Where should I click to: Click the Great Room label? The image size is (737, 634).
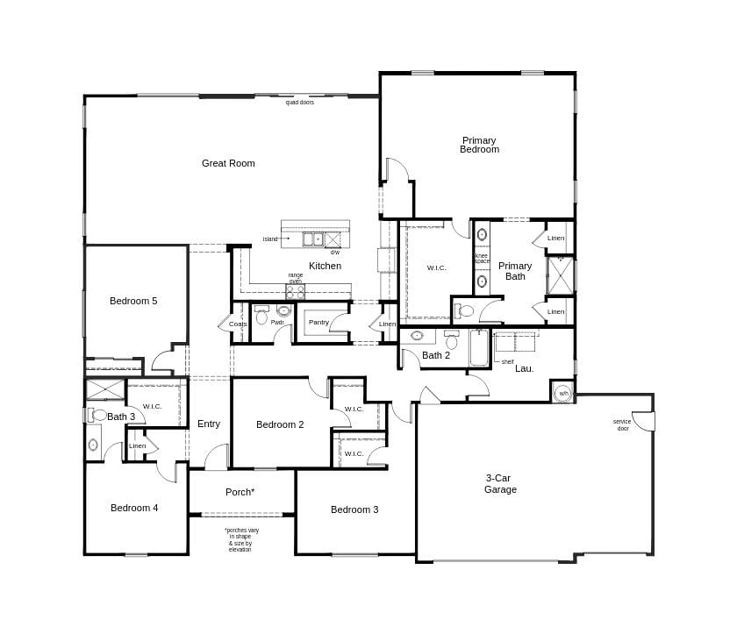228,163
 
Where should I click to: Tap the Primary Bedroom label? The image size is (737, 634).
479,145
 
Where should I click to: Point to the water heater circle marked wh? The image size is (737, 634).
562,392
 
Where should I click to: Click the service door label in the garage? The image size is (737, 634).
622,424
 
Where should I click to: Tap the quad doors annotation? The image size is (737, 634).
299,103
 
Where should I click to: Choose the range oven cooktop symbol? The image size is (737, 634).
296,291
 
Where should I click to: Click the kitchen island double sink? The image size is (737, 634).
313,239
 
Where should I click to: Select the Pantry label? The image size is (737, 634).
318,323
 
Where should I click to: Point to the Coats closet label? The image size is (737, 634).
238,324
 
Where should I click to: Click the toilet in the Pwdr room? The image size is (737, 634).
283,310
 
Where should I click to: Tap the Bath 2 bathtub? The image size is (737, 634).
479,348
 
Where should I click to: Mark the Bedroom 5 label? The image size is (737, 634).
133,301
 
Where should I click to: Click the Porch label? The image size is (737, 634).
240,492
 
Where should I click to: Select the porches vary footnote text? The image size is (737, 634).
240,539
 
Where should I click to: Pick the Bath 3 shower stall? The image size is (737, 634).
104,388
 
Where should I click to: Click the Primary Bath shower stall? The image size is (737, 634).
561,275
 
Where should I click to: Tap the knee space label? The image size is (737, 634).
482,258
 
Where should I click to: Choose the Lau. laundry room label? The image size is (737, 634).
524,368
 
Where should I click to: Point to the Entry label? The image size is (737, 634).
209,424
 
